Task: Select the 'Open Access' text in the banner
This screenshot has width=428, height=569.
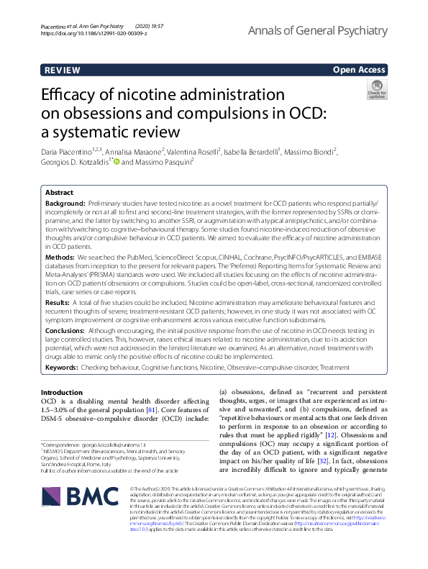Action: tap(360, 70)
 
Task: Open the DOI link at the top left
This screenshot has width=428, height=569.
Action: tap(85, 33)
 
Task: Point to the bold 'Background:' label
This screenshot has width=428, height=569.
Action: tap(65, 204)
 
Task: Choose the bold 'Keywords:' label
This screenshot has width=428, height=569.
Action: tap(63, 366)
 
